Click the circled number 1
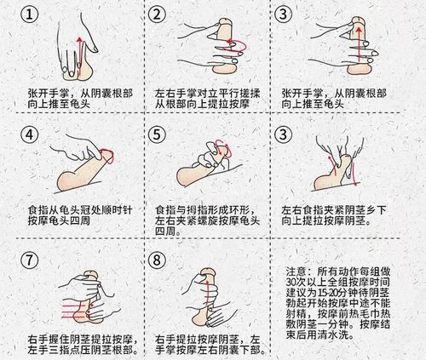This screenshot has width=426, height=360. tap(31, 20)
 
